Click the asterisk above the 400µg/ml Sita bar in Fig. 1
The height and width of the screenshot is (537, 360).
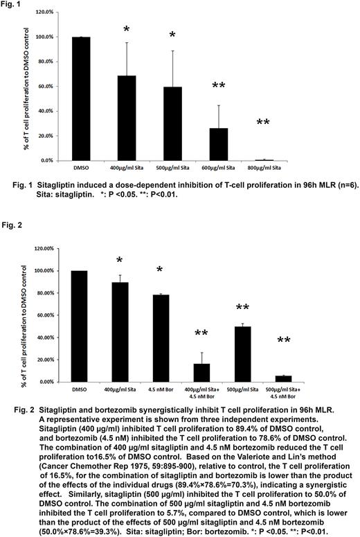point(127,29)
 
